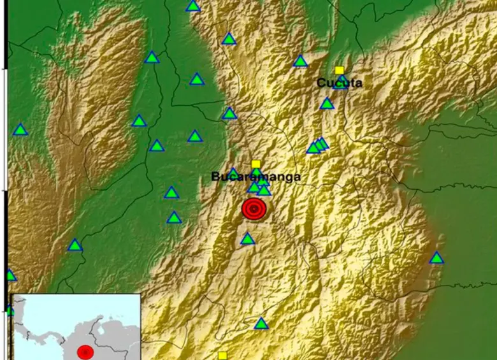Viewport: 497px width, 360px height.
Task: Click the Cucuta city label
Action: (340, 83)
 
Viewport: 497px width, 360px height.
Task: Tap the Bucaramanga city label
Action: (256, 176)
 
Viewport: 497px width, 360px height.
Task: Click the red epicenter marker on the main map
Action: (254, 209)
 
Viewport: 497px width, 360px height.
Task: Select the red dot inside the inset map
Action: (85, 352)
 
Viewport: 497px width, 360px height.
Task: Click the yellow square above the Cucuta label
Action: (339, 70)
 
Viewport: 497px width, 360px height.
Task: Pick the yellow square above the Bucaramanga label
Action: (256, 164)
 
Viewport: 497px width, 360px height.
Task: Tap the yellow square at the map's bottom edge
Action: (222, 356)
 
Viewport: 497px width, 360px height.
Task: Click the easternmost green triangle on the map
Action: (436, 258)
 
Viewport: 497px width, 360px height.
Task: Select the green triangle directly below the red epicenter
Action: (247, 240)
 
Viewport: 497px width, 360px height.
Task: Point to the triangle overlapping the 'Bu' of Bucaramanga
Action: (233, 173)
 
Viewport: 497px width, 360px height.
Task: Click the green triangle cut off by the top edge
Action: (193, 6)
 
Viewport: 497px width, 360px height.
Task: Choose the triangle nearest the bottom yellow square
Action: (261, 324)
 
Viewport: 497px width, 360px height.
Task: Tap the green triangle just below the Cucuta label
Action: (327, 104)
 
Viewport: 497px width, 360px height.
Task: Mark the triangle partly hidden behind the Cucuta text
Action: (342, 83)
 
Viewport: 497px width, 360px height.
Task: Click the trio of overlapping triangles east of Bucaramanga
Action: (317, 146)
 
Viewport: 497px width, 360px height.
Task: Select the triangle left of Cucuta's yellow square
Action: (300, 62)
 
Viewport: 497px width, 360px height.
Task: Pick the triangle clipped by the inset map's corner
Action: (10, 310)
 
